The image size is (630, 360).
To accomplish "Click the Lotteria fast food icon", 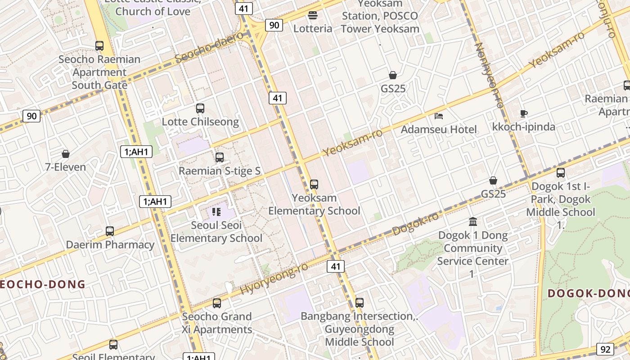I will [x=313, y=15].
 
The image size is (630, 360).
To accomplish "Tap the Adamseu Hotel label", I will [x=439, y=130].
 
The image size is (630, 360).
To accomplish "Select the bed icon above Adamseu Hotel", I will [x=439, y=116].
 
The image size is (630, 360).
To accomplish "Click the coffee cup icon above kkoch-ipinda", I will [x=523, y=113].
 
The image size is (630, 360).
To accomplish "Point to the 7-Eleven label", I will [x=66, y=167].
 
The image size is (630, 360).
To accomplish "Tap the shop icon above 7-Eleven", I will [x=66, y=154].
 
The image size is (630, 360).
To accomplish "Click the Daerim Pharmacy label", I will [x=110, y=245].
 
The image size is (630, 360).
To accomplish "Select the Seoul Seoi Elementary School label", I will [x=216, y=232].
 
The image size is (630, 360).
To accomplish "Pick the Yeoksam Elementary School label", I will [x=314, y=204].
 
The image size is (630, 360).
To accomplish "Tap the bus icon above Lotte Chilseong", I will [x=200, y=108].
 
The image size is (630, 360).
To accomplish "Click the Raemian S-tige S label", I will [x=220, y=171].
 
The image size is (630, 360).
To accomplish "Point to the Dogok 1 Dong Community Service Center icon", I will [x=473, y=221].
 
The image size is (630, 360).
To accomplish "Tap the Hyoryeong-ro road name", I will [x=274, y=279].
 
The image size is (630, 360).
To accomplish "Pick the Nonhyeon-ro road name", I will [x=489, y=75].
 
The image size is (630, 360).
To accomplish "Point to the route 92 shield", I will [x=605, y=349].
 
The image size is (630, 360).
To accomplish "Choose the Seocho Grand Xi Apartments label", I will [x=217, y=323].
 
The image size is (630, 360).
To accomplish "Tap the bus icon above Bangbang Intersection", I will [x=359, y=302].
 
